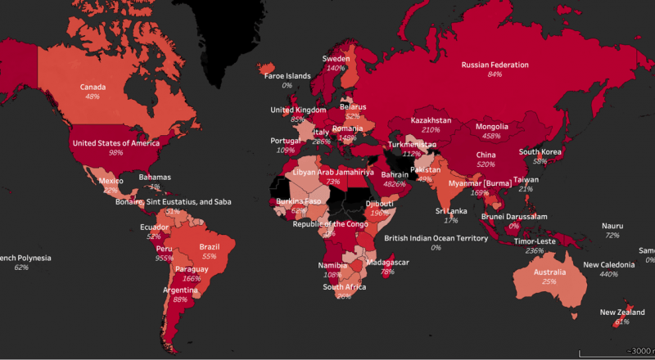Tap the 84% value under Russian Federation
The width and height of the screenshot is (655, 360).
pyautogui.click(x=495, y=74)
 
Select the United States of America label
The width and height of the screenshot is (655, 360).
pyautogui.click(x=115, y=142)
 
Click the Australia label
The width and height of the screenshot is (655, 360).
pyautogui.click(x=549, y=271)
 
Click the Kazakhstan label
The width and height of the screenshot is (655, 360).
pyautogui.click(x=431, y=120)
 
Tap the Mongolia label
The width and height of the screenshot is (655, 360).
pyautogui.click(x=492, y=127)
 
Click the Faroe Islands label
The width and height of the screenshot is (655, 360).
pyautogui.click(x=287, y=76)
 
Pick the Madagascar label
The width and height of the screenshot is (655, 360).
pyautogui.click(x=387, y=262)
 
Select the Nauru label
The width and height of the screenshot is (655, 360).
pyautogui.click(x=612, y=226)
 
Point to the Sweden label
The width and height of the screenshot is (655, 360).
pyautogui.click(x=335, y=59)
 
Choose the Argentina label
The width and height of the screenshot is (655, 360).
pyautogui.click(x=180, y=290)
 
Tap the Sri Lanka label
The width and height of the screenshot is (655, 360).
pyautogui.click(x=451, y=210)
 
